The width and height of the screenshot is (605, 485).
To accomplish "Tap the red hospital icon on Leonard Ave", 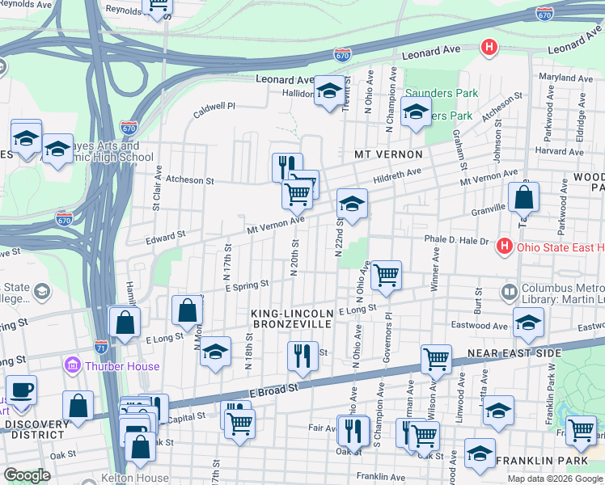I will click(x=488, y=48).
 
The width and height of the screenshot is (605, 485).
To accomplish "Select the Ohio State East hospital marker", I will click(x=505, y=246).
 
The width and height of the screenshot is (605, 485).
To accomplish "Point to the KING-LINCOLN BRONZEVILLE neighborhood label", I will click(x=291, y=318).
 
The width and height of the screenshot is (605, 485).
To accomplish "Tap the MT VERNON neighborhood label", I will click(x=388, y=154).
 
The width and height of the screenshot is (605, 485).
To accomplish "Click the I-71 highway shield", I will click(x=100, y=347).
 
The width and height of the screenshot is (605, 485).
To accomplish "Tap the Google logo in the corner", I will click(x=27, y=475).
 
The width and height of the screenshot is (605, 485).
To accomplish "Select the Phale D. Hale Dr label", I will click(x=457, y=240).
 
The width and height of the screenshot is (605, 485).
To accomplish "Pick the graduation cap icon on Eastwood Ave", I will click(x=528, y=323).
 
